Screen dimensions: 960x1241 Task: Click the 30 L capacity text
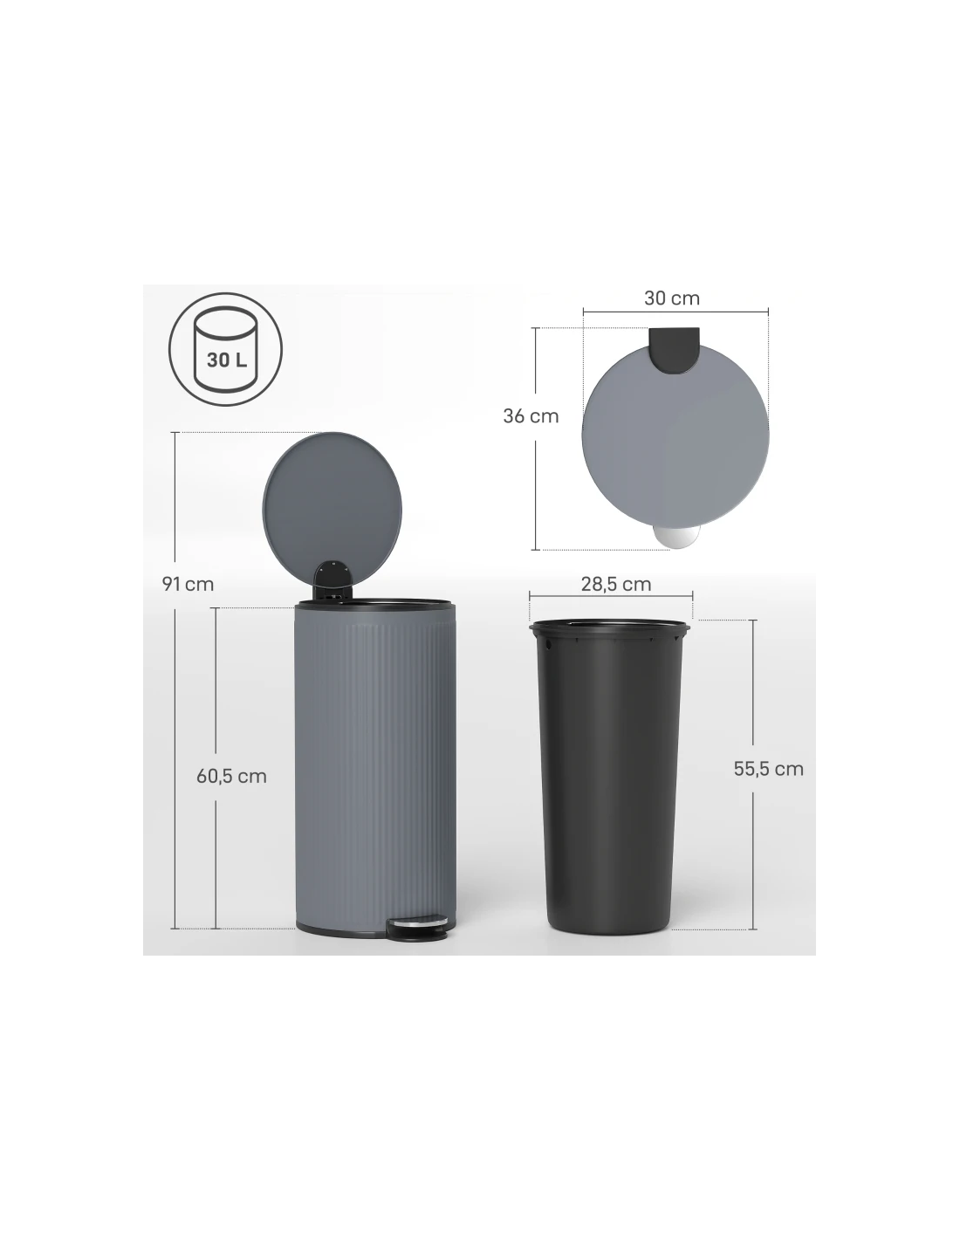coord(227,360)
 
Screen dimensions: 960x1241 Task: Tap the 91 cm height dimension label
coord(188,584)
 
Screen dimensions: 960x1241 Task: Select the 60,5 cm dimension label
coord(231,777)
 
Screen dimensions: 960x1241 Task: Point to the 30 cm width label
coord(672,298)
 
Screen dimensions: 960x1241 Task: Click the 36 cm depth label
coord(531,416)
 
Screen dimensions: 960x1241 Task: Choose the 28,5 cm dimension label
coord(616,584)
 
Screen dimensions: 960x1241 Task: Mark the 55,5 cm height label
coord(769,769)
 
